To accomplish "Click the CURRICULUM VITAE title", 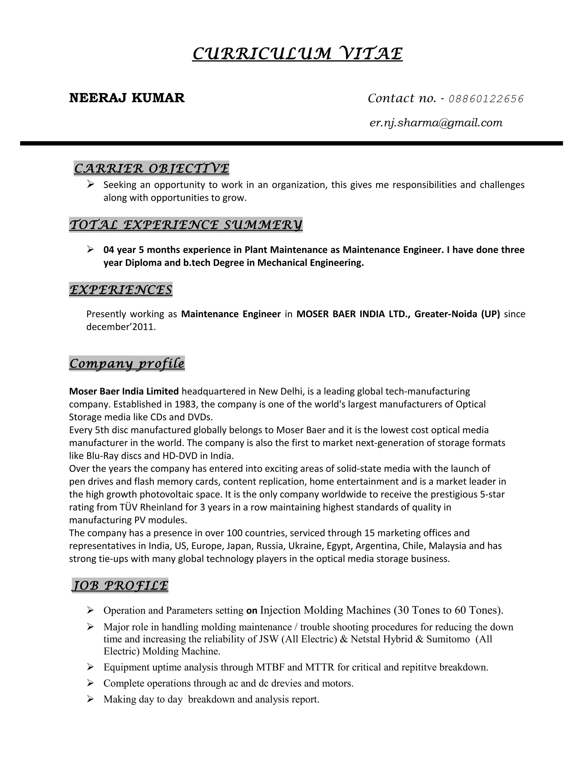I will (x=297, y=54).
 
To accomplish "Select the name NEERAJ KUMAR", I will (x=127, y=98).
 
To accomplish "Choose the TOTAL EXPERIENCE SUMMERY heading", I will (x=186, y=225).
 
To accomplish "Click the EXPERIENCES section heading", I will (x=121, y=289).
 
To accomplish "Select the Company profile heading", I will (x=127, y=363).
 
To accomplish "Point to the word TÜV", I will (x=129, y=507).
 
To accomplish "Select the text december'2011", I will (x=121, y=327).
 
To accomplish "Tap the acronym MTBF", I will (x=270, y=667).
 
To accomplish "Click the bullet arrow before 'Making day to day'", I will (x=91, y=699).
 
